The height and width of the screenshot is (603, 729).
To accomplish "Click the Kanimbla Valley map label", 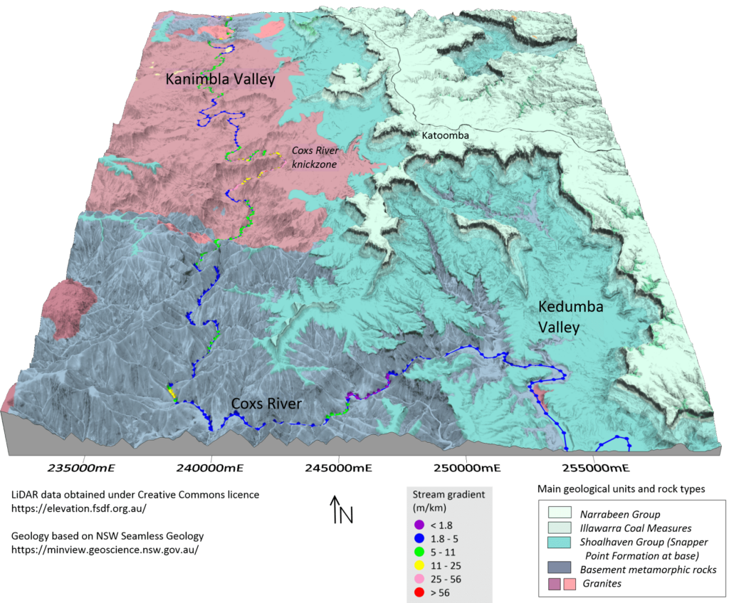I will [220, 80].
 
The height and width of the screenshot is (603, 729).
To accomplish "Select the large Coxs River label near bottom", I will [266, 404].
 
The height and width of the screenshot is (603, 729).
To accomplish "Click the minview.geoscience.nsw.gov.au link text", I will [105, 550].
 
